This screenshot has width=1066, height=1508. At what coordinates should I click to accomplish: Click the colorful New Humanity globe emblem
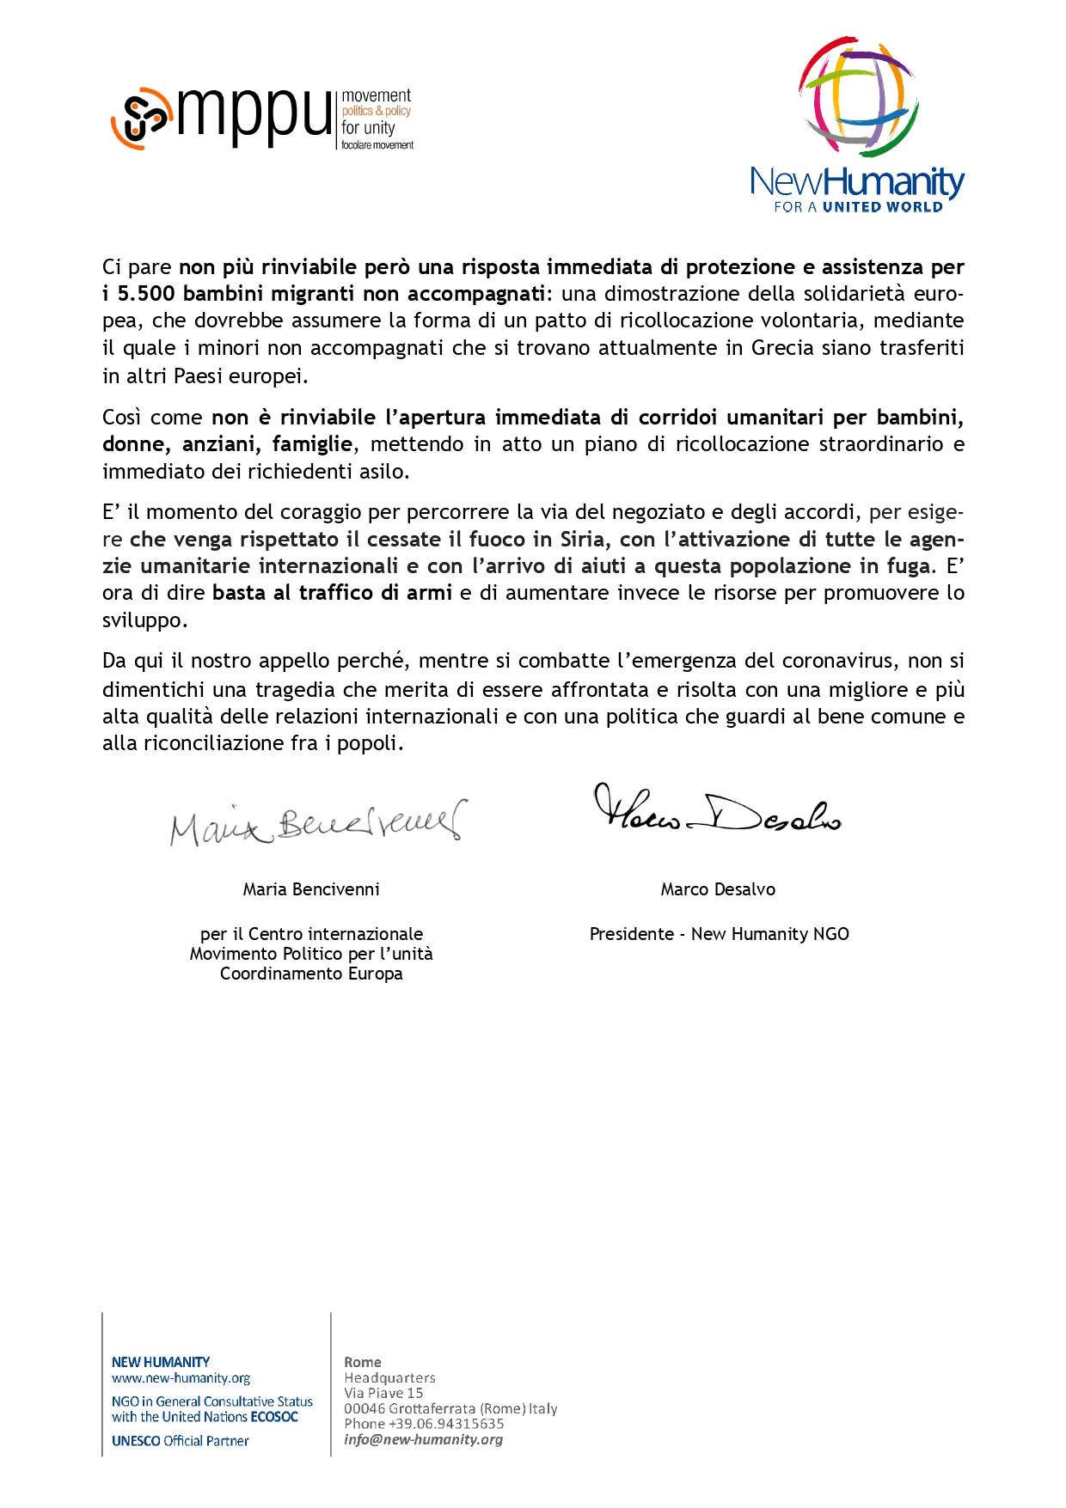[858, 96]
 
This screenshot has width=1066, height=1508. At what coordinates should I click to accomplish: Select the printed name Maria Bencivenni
[311, 889]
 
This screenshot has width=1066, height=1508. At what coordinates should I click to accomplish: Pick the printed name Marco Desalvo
[718, 889]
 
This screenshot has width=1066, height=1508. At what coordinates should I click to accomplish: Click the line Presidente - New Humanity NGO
[719, 934]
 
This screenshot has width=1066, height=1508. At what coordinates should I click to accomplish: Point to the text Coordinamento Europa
[311, 974]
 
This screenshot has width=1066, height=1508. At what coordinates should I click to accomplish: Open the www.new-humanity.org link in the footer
[181, 1378]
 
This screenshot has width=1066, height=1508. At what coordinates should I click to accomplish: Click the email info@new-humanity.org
[423, 1439]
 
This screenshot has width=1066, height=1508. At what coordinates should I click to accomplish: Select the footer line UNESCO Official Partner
[181, 1441]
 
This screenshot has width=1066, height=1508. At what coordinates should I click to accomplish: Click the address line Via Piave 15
[383, 1393]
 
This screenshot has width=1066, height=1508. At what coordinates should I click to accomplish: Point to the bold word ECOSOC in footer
[274, 1417]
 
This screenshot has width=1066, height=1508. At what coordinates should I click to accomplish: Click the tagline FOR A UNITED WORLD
[858, 207]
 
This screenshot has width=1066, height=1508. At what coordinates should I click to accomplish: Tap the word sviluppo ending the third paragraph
[142, 620]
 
